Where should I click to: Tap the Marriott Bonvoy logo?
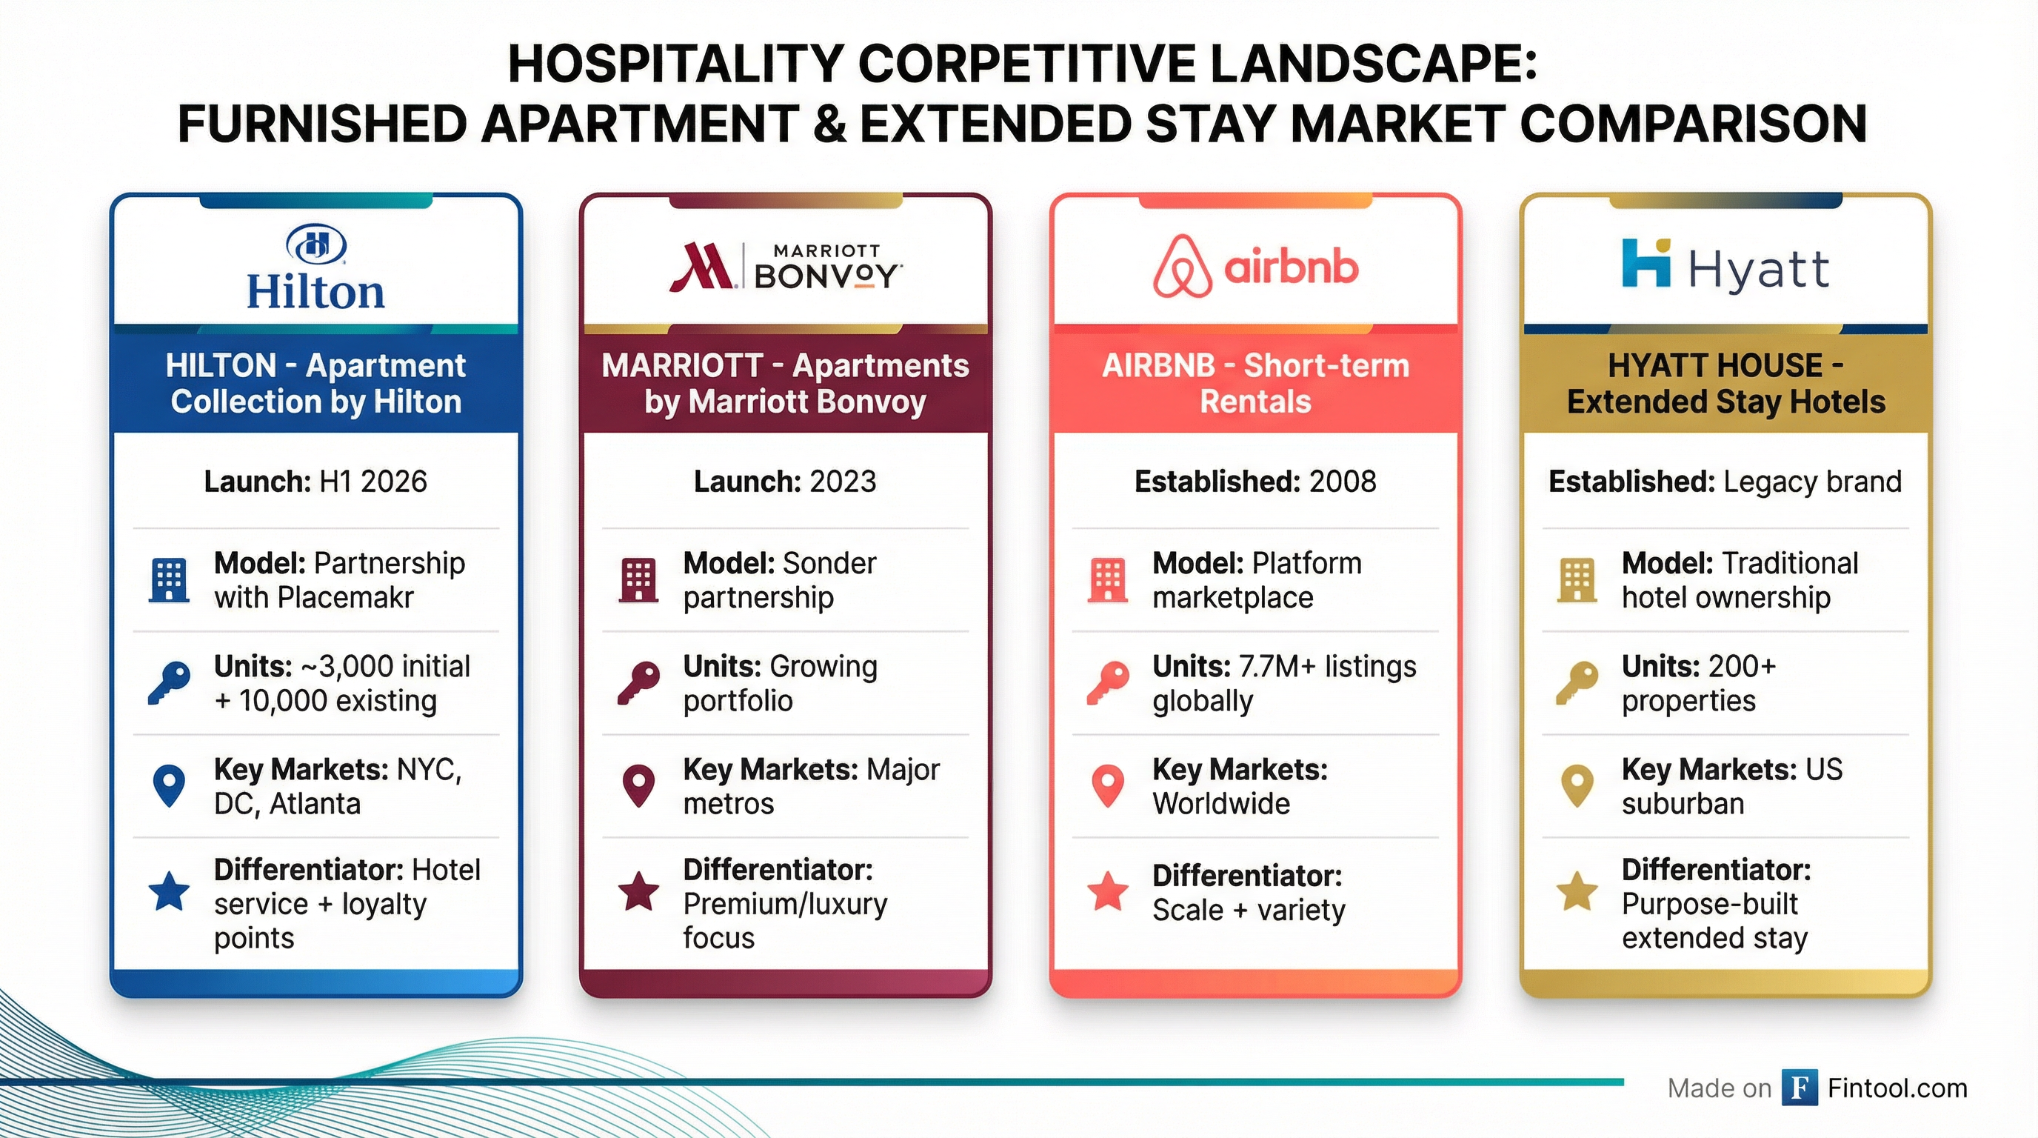coord(786,266)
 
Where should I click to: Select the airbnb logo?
coord(1255,266)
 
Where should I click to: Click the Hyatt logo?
coord(1725,265)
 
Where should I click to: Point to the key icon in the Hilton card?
coord(170,682)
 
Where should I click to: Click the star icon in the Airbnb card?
coord(1108,891)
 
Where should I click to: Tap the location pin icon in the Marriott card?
coord(638,786)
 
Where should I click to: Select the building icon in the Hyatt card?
coord(1577,580)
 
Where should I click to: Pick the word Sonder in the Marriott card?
coord(829,564)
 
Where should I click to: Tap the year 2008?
coord(1343,481)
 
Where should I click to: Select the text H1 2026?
coord(372,481)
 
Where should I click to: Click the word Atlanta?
coord(315,804)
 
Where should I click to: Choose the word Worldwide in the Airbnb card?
coord(1220,804)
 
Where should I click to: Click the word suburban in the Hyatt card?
coord(1683,804)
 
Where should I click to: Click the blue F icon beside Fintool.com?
coord(1800,1088)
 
